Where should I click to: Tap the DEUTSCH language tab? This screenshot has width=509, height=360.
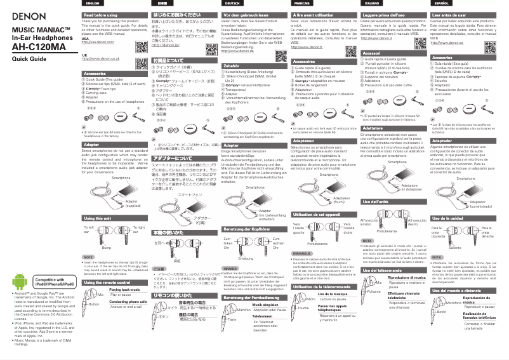pos(233,4)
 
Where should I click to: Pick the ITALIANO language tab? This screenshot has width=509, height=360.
pos(374,4)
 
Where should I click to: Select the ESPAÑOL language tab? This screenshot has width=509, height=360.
pos(445,4)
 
